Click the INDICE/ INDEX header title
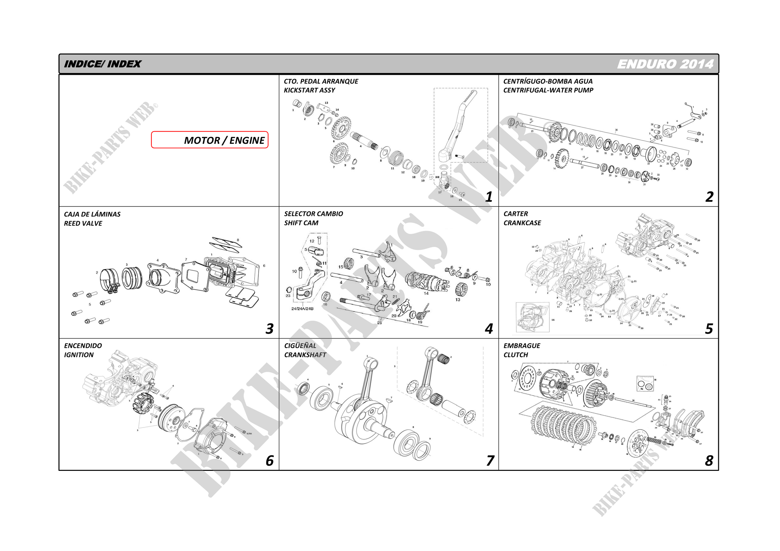point(102,64)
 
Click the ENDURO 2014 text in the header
point(665,64)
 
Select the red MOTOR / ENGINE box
point(210,140)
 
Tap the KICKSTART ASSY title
point(310,90)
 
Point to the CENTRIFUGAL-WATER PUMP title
point(548,90)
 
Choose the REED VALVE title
point(83,223)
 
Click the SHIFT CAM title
point(301,223)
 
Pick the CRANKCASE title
point(522,223)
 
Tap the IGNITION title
point(79,355)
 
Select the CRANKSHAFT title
point(305,355)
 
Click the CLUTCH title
point(516,355)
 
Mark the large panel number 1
point(489,197)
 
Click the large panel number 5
point(709,329)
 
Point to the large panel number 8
point(709,461)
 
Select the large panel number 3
point(269,329)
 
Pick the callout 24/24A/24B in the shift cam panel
point(302,309)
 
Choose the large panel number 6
point(269,461)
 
